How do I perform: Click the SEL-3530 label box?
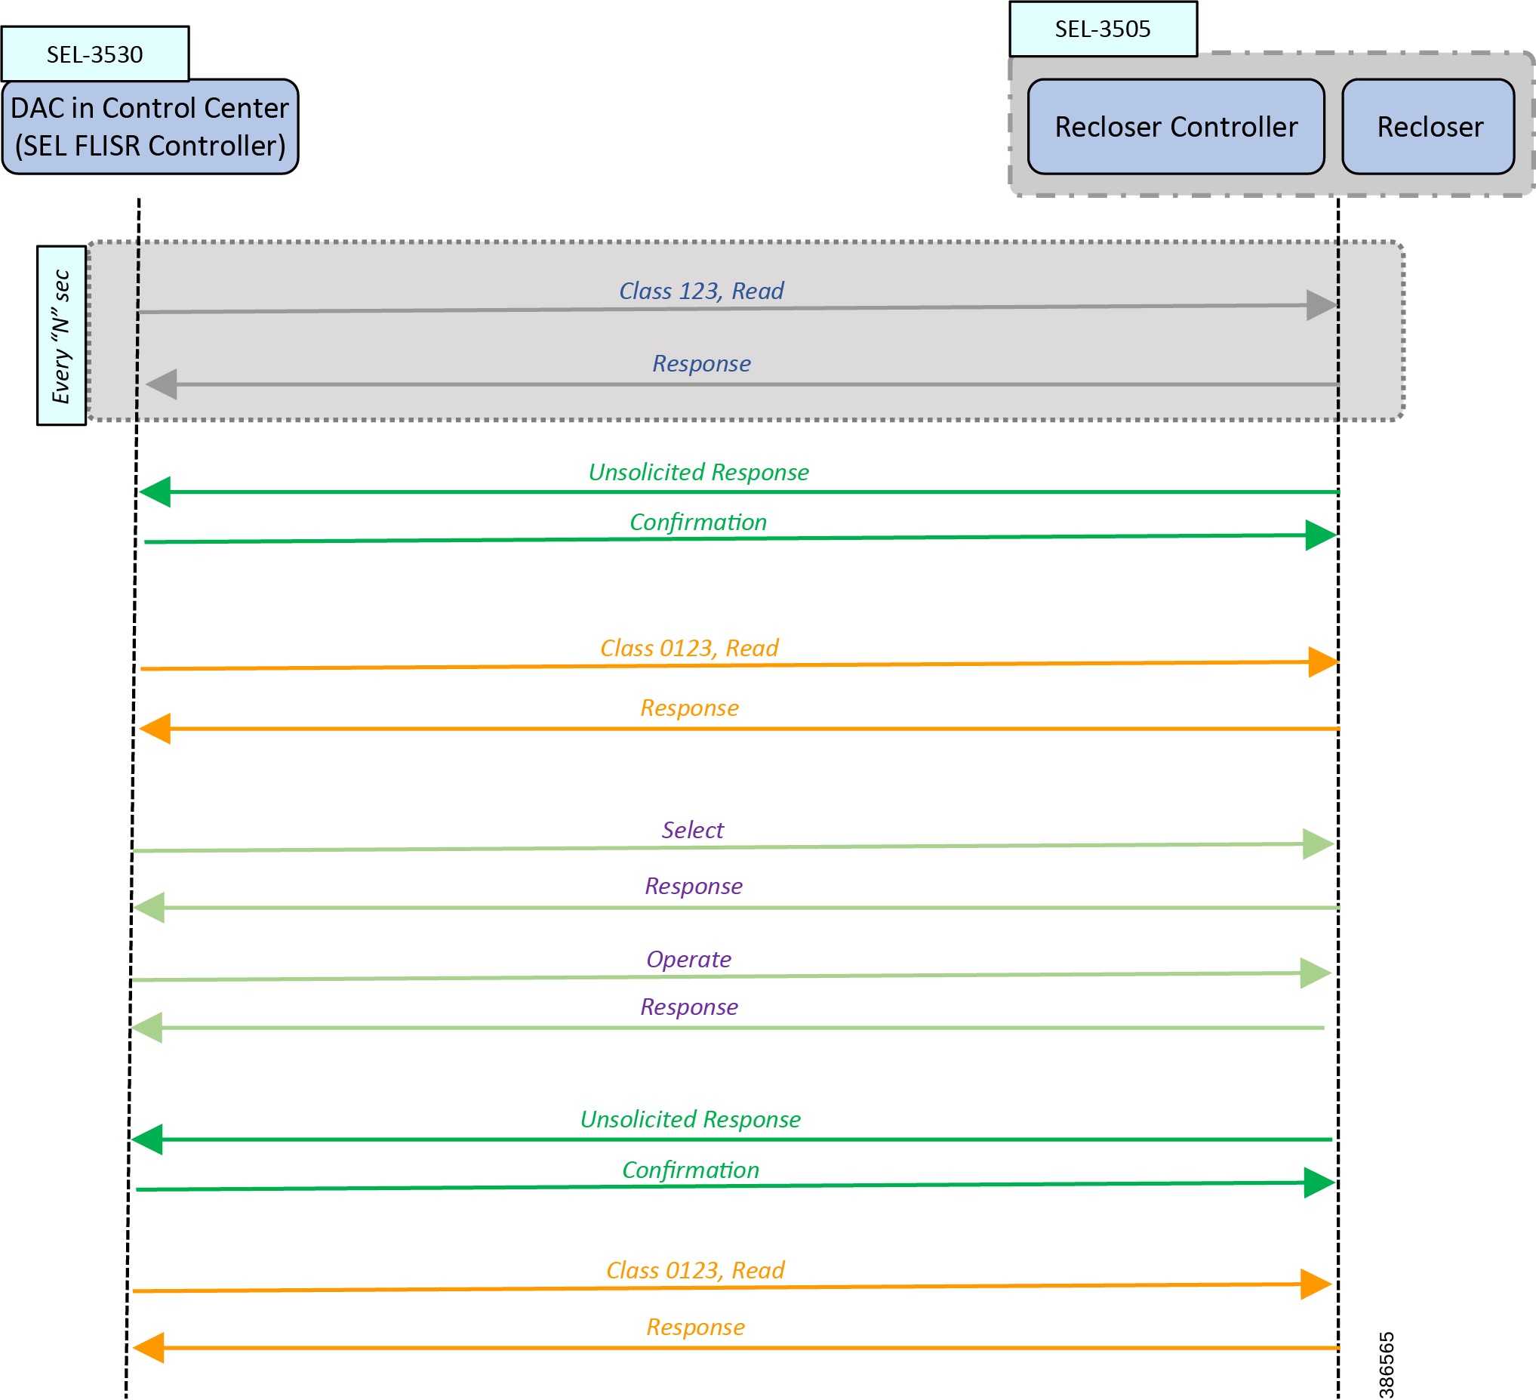(94, 54)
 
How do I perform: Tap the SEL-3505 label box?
(1103, 29)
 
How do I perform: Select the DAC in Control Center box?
(150, 127)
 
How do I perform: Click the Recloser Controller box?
(1176, 127)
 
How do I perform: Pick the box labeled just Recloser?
(1429, 127)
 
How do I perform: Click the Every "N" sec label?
(61, 335)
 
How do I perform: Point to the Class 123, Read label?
(701, 291)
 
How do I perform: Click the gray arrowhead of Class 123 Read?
(1321, 306)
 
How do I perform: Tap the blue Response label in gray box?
(701, 363)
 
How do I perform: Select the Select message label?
(693, 830)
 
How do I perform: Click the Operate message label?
(689, 960)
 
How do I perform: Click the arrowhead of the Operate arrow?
(1315, 973)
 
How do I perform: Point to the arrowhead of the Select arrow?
(1317, 844)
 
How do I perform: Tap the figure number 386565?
(1387, 1365)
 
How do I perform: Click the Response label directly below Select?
(694, 887)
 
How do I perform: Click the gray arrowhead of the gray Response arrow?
(162, 384)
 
